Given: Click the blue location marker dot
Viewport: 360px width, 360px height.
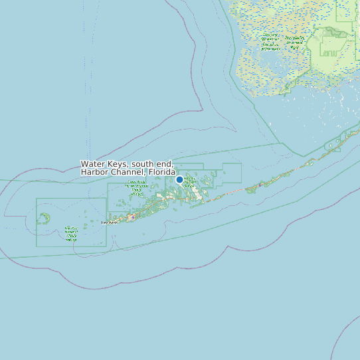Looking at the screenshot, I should (x=179, y=179).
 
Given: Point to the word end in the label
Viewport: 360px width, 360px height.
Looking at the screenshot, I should (x=166, y=164).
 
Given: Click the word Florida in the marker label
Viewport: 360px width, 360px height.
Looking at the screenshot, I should (x=162, y=172).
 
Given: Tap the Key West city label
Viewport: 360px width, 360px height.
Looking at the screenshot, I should (x=109, y=223).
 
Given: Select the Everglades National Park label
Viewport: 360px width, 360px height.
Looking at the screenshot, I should (x=295, y=42).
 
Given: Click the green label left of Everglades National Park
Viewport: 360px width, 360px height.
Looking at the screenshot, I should (x=270, y=41).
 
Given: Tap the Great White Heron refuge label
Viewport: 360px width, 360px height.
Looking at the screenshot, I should (x=137, y=187).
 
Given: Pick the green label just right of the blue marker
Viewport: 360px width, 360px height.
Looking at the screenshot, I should (x=189, y=183).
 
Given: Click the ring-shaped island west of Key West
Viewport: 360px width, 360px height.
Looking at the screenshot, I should (x=44, y=217).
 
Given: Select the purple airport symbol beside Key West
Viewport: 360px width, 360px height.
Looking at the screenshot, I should (x=132, y=217).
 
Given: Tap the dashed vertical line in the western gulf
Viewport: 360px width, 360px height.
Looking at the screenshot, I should (x=86, y=80).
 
